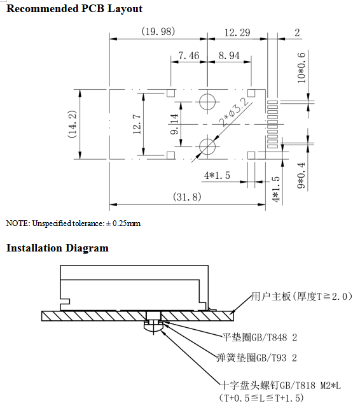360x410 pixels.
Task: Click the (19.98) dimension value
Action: click(158, 31)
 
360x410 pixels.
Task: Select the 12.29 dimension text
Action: click(237, 32)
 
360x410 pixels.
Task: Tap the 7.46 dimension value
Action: click(189, 55)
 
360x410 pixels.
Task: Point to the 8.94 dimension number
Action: click(229, 55)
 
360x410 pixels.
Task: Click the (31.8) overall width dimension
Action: click(187, 197)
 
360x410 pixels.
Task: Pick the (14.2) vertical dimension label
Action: click(73, 124)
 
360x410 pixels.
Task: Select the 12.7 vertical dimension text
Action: click(137, 124)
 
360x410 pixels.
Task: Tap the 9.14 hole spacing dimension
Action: click(174, 124)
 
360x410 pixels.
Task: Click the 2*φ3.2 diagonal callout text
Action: click(234, 112)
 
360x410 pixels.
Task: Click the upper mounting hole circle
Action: click(207, 94)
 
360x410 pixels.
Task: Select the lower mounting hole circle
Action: click(207, 139)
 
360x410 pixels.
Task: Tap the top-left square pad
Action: click(171, 93)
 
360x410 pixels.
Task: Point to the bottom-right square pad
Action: click(251, 155)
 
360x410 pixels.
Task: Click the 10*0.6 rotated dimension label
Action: click(301, 67)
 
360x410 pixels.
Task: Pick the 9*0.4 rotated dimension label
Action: click(301, 176)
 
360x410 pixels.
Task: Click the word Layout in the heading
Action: click(125, 9)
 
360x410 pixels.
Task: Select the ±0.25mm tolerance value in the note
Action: click(123, 223)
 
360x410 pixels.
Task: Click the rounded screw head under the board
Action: click(153, 328)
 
